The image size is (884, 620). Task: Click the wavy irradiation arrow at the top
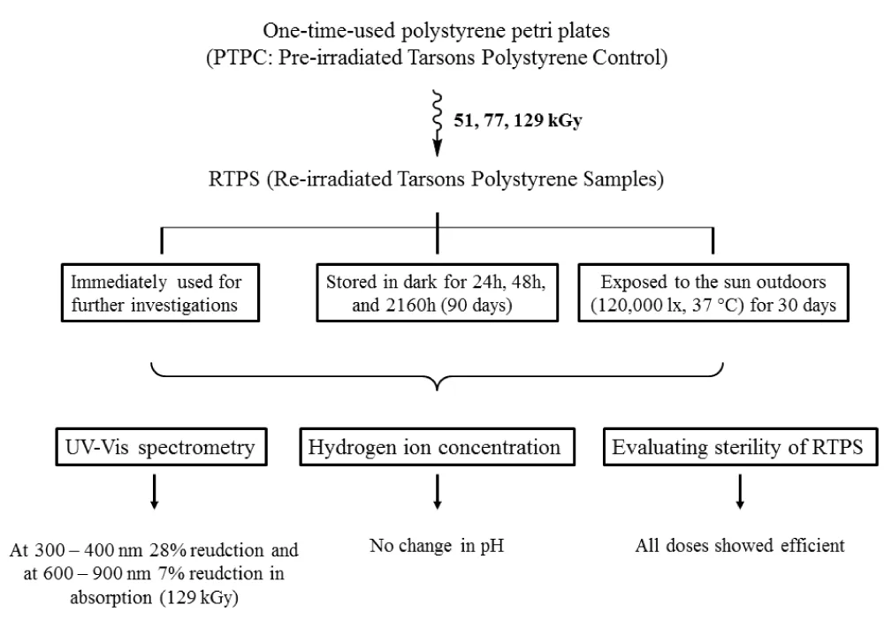click(437, 123)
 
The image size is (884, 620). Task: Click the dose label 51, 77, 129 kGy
click(517, 120)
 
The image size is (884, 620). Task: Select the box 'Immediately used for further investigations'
click(161, 293)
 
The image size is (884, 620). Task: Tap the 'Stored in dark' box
click(438, 293)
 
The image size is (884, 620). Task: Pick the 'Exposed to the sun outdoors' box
click(713, 293)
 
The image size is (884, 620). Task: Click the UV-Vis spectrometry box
click(161, 447)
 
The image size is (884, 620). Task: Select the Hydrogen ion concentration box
click(437, 447)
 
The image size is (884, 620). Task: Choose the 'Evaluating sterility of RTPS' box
click(740, 447)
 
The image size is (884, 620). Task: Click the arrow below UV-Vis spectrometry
click(154, 492)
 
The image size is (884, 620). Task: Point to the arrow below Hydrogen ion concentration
click(437, 492)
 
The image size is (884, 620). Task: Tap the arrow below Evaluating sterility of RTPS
click(740, 492)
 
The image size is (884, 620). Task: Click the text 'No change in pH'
click(437, 546)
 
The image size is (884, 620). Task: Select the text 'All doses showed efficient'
click(740, 546)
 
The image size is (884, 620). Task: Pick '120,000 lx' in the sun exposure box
click(636, 306)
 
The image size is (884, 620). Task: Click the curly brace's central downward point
click(438, 389)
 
